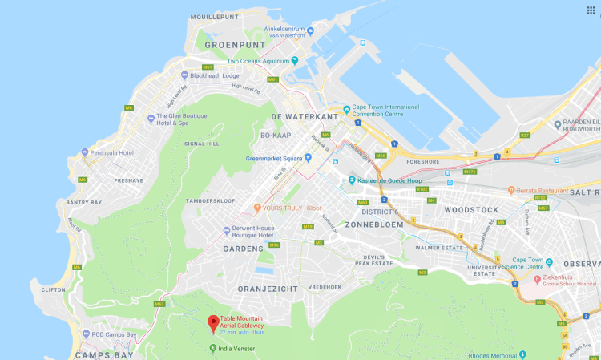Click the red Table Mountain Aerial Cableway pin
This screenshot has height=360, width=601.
click(213, 323)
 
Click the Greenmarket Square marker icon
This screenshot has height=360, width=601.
click(308, 158)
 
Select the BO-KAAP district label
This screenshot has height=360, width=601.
click(275, 136)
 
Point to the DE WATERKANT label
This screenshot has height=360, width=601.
click(300, 117)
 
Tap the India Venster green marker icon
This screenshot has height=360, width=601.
click(212, 347)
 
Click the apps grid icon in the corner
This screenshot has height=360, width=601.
click(591, 10)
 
